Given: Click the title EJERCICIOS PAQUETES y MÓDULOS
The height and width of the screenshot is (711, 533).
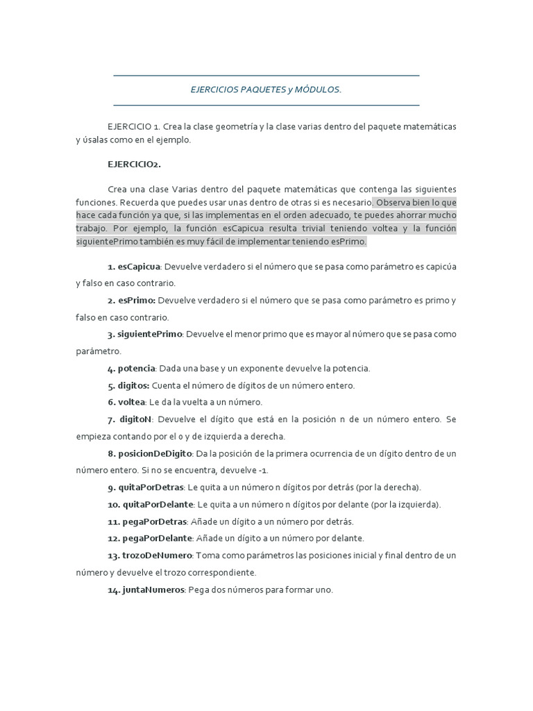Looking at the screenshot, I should (x=266, y=90).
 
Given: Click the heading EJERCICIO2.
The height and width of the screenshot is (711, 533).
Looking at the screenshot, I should (x=134, y=165).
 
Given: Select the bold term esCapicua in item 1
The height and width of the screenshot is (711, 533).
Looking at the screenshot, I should (x=139, y=267).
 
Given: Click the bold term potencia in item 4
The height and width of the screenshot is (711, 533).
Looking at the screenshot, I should (x=136, y=369).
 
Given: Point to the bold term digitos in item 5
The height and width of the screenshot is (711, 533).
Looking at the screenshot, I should (x=133, y=385).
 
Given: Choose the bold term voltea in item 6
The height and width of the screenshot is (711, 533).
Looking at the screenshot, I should (x=131, y=402).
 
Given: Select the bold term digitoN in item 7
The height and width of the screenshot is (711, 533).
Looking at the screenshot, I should (x=135, y=419).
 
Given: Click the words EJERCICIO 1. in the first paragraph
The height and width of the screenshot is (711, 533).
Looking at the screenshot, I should (x=134, y=127).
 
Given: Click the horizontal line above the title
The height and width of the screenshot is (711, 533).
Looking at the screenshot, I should (x=266, y=75).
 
